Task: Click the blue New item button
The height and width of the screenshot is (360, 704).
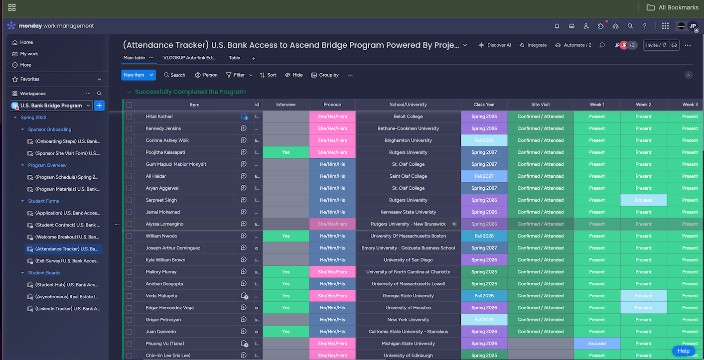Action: (134, 75)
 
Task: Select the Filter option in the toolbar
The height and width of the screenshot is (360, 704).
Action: (235, 75)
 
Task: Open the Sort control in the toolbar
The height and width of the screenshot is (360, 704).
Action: (268, 75)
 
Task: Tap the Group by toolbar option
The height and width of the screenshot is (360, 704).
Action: (325, 75)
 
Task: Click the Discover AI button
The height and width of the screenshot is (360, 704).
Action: (494, 45)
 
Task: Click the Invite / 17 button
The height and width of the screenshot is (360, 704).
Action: (656, 45)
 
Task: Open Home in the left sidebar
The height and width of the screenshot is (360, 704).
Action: (26, 42)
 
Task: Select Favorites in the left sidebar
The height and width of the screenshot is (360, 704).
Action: (30, 79)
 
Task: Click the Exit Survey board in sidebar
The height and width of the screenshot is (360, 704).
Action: (67, 261)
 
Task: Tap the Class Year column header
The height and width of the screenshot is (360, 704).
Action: (484, 105)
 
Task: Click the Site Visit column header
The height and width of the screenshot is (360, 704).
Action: (540, 105)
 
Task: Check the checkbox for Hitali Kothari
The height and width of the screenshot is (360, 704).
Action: (129, 117)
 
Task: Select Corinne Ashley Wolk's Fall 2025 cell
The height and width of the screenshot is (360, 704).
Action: (484, 140)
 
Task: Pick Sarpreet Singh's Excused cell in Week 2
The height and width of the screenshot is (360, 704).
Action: (643, 200)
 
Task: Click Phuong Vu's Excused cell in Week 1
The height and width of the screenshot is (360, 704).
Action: (597, 344)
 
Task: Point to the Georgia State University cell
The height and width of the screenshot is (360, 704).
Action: (408, 296)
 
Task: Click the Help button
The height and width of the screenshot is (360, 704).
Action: (683, 351)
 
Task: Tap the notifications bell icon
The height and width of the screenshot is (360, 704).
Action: (557, 26)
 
